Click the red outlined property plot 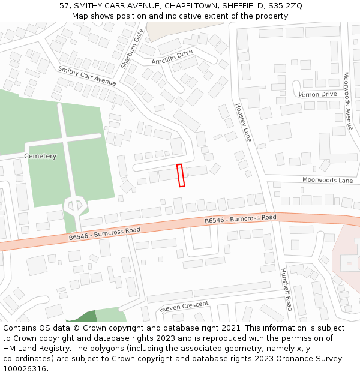click(x=181, y=175)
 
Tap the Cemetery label click(x=40, y=157)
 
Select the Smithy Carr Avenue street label click(x=87, y=76)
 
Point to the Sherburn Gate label click(x=131, y=48)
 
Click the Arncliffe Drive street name click(x=172, y=57)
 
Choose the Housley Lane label click(x=242, y=122)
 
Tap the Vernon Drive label click(x=318, y=94)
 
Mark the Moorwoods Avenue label click(x=347, y=101)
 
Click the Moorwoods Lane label click(x=328, y=180)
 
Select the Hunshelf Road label click(x=285, y=289)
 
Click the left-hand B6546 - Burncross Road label click(x=104, y=233)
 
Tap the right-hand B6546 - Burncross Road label click(x=240, y=220)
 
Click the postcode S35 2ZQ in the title click(x=286, y=6)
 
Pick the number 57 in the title click(x=64, y=6)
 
